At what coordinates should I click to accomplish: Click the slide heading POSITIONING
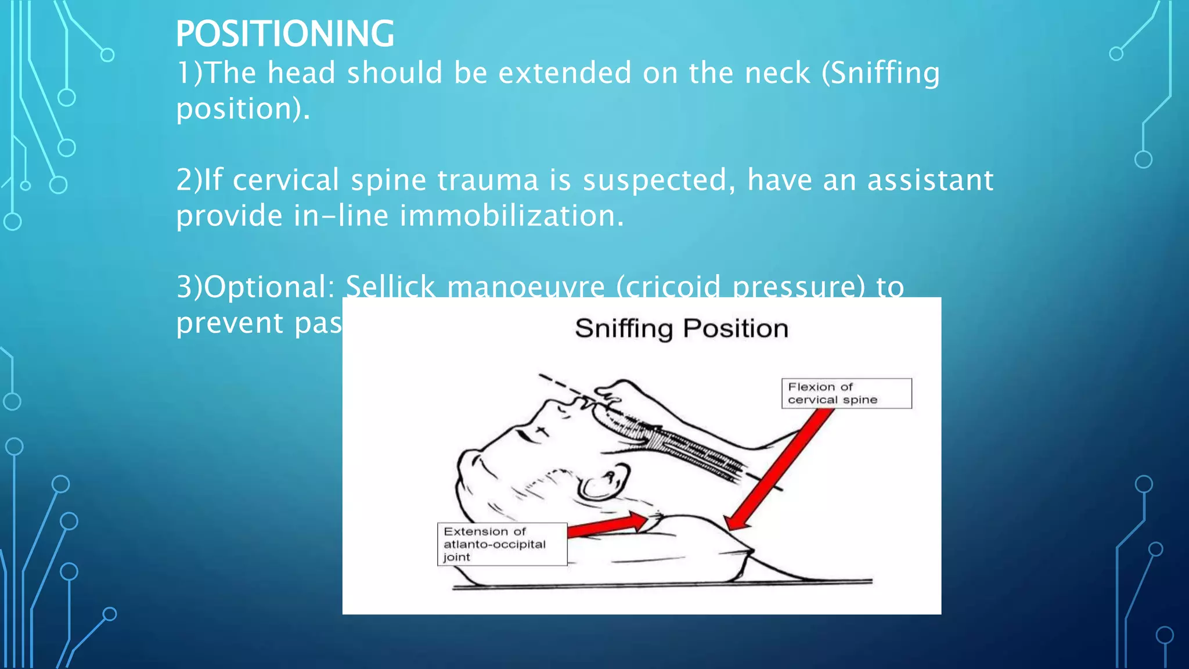tap(284, 34)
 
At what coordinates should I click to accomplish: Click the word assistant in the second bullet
tap(930, 180)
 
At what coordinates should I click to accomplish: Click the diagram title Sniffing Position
tap(681, 329)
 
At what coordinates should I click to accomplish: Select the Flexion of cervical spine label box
tap(846, 393)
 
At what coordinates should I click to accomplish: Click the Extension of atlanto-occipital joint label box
tap(502, 544)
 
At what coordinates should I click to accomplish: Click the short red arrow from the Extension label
tap(607, 525)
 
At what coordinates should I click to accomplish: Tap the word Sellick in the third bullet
tap(390, 287)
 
